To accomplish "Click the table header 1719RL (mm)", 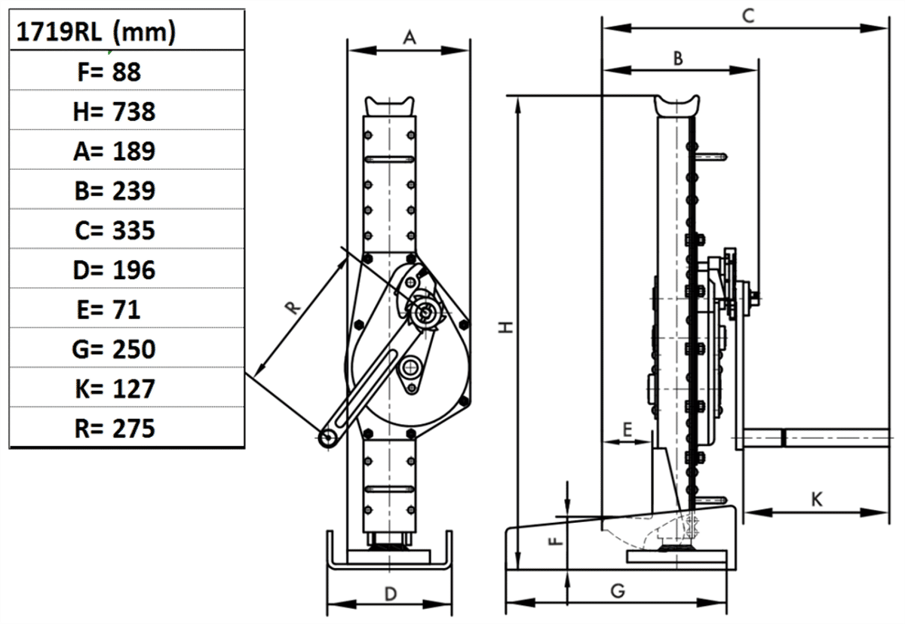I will [x=96, y=32].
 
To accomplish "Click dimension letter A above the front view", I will [x=409, y=37].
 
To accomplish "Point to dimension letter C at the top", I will [x=747, y=14].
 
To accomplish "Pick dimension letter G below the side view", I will [x=617, y=591].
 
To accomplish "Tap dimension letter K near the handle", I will [x=816, y=499].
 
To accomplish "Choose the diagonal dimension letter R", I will [x=293, y=307].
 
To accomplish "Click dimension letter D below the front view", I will [x=390, y=594].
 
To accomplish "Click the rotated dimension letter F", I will [x=554, y=540].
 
